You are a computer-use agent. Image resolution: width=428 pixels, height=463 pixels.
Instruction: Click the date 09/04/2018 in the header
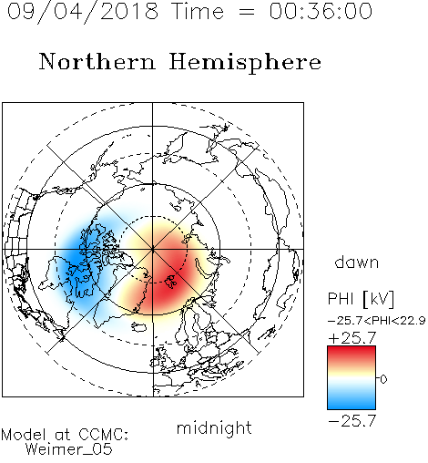click(83, 12)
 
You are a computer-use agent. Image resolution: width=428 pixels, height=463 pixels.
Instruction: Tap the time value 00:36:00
click(321, 11)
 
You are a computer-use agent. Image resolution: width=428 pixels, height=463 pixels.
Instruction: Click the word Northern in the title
click(97, 61)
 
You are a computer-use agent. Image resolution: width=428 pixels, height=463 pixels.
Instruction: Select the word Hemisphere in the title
click(245, 63)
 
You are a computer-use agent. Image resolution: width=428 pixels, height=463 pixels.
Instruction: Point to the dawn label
click(357, 262)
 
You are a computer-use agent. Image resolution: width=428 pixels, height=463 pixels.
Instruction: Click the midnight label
click(214, 428)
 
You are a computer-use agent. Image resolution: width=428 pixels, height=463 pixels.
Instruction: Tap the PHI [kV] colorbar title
click(361, 299)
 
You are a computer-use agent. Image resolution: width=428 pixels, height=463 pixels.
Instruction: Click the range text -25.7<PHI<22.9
click(376, 320)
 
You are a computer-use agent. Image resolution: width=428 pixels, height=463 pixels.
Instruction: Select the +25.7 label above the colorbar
click(352, 338)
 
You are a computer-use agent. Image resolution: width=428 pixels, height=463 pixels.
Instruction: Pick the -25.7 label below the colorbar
click(352, 421)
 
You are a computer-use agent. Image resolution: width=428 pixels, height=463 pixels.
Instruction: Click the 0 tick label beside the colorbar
click(383, 379)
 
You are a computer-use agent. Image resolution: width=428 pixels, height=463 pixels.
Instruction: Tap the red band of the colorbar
click(352, 354)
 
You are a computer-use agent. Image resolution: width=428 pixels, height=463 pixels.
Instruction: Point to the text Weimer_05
click(69, 449)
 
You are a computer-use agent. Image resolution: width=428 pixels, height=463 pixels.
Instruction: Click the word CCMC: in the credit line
click(103, 435)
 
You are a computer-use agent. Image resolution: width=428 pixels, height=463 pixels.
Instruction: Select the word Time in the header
click(198, 11)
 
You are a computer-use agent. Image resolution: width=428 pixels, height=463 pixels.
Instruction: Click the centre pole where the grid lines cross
click(153, 249)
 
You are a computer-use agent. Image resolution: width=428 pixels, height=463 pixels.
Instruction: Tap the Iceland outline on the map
click(139, 327)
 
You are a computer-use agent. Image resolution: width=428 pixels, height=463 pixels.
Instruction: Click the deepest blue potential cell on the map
click(76, 258)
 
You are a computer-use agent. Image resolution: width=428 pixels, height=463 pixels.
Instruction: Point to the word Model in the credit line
click(25, 435)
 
